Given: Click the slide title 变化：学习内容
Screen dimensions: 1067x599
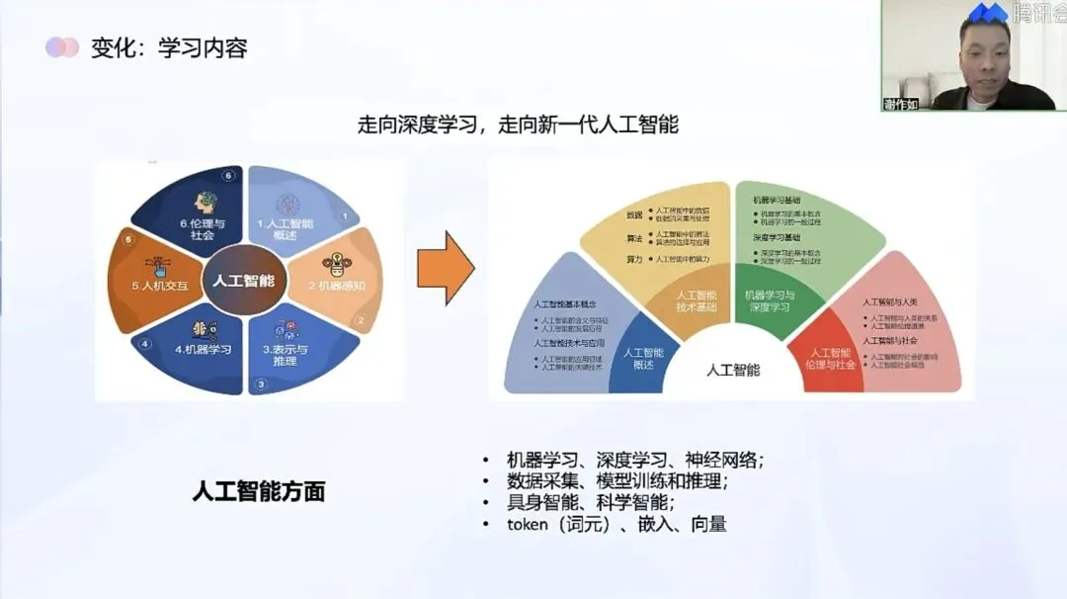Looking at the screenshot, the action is tap(168, 48).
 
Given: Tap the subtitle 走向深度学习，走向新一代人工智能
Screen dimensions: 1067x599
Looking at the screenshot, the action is tap(518, 126).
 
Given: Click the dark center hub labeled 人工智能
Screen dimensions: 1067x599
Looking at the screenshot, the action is tap(244, 281).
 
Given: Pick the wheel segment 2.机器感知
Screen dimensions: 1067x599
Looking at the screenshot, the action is tap(336, 280).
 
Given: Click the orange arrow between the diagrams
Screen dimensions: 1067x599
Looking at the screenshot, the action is tap(445, 268).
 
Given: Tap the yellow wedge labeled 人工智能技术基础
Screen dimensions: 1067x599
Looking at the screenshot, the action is tap(696, 300).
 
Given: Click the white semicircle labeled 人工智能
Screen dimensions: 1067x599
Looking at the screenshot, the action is tap(734, 370).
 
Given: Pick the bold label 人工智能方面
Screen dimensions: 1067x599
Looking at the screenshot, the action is tap(259, 491).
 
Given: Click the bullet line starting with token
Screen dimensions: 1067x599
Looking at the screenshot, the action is tap(616, 524).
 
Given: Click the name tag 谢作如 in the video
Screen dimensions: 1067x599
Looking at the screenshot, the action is tap(901, 104).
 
